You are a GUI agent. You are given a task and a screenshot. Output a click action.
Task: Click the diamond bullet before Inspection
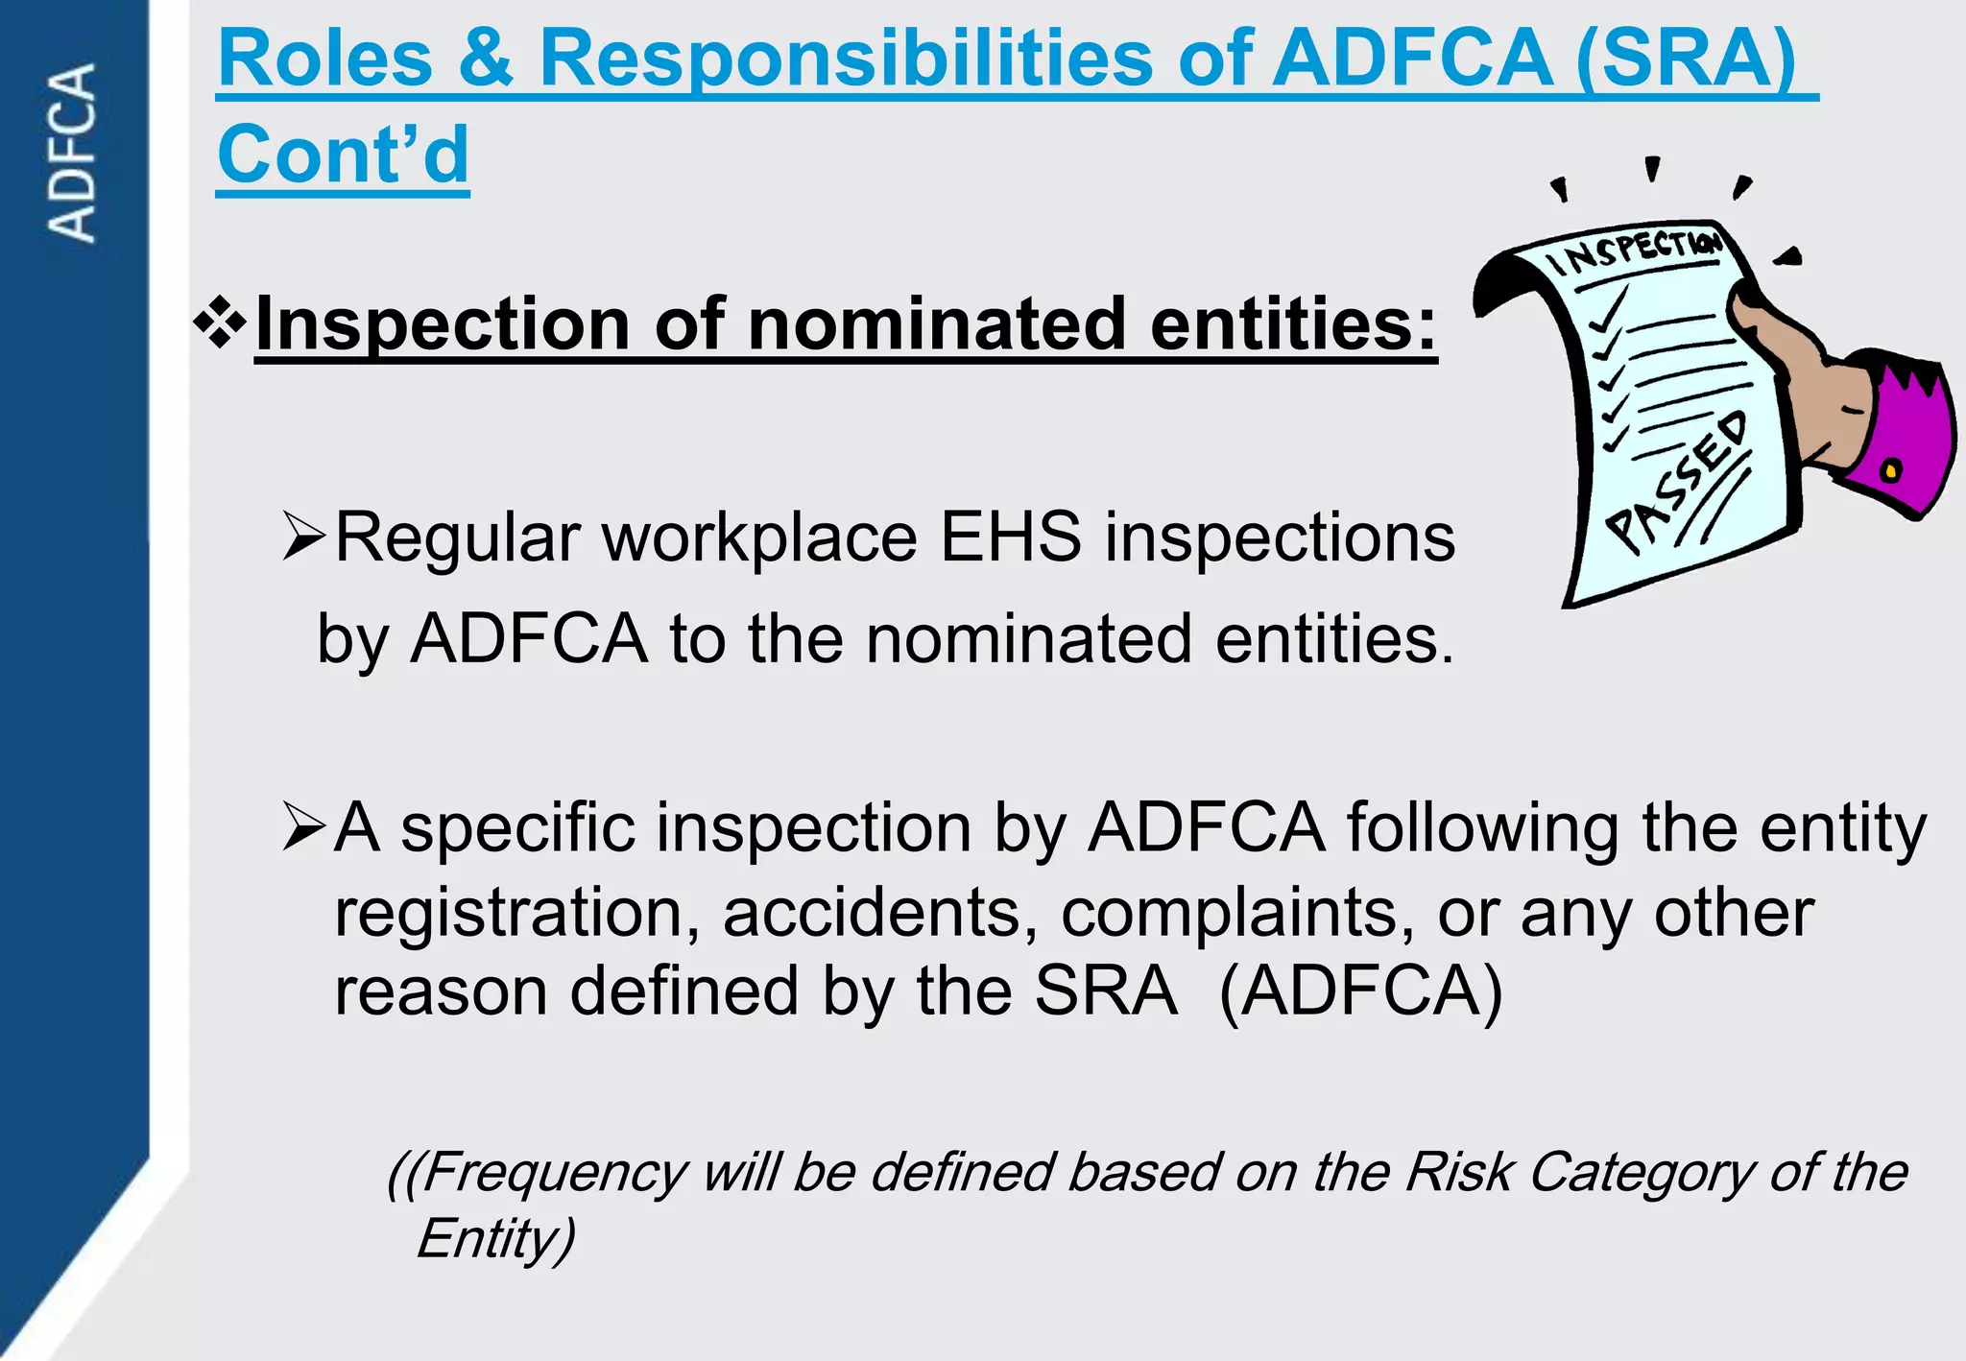tap(220, 322)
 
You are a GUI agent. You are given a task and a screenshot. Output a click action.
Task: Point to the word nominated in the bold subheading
tap(936, 323)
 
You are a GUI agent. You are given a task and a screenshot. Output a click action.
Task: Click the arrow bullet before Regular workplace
tap(305, 537)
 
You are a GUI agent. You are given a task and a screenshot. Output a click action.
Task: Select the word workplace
tap(759, 537)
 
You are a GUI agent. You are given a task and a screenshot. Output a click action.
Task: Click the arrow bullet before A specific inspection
tap(305, 827)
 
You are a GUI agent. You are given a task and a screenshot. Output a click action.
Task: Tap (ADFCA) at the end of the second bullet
tap(1360, 991)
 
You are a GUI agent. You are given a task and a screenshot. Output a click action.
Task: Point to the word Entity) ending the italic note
tap(495, 1238)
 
